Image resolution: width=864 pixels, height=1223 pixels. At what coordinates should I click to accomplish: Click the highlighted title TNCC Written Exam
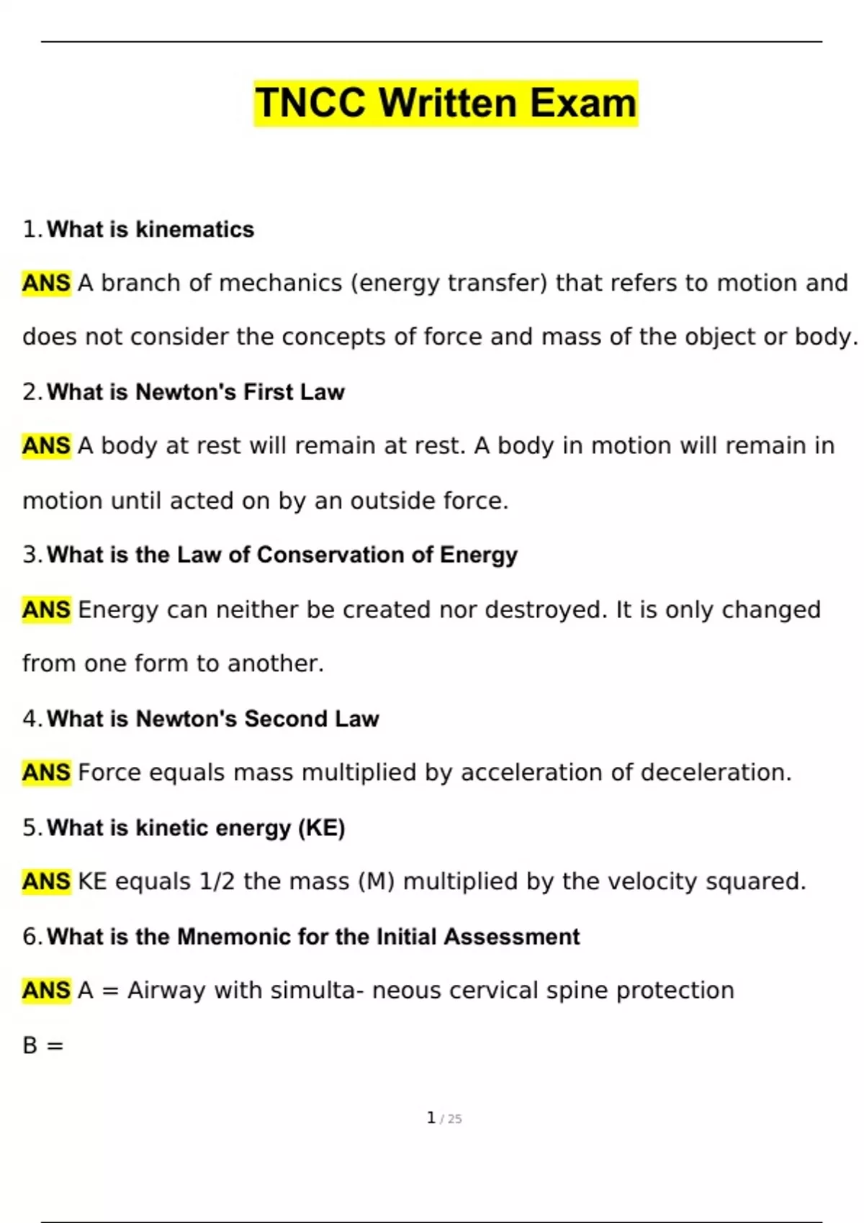pyautogui.click(x=446, y=103)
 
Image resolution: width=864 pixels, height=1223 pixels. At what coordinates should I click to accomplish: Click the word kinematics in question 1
pyautogui.click(x=194, y=229)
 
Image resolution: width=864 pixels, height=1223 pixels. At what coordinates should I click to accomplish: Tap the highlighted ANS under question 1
pyautogui.click(x=46, y=283)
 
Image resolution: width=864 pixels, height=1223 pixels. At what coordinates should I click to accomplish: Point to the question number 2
pyautogui.click(x=31, y=392)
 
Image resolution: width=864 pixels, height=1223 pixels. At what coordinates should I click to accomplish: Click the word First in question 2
pyautogui.click(x=268, y=392)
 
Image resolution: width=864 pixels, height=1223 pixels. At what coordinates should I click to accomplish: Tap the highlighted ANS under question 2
pyautogui.click(x=46, y=446)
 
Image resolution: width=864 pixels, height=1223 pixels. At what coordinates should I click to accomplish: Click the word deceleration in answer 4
pyautogui.click(x=716, y=773)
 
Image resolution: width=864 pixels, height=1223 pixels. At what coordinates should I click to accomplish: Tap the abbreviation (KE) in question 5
pyautogui.click(x=321, y=828)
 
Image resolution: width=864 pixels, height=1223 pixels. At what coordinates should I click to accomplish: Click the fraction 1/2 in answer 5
pyautogui.click(x=217, y=882)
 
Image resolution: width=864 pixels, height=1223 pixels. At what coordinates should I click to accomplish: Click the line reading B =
pyautogui.click(x=42, y=1045)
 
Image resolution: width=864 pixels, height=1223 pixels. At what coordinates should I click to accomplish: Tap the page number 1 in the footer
pyautogui.click(x=431, y=1118)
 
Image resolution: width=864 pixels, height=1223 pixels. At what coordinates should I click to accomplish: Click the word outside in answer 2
pyautogui.click(x=392, y=501)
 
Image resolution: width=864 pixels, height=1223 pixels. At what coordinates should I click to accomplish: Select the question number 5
pyautogui.click(x=31, y=828)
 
